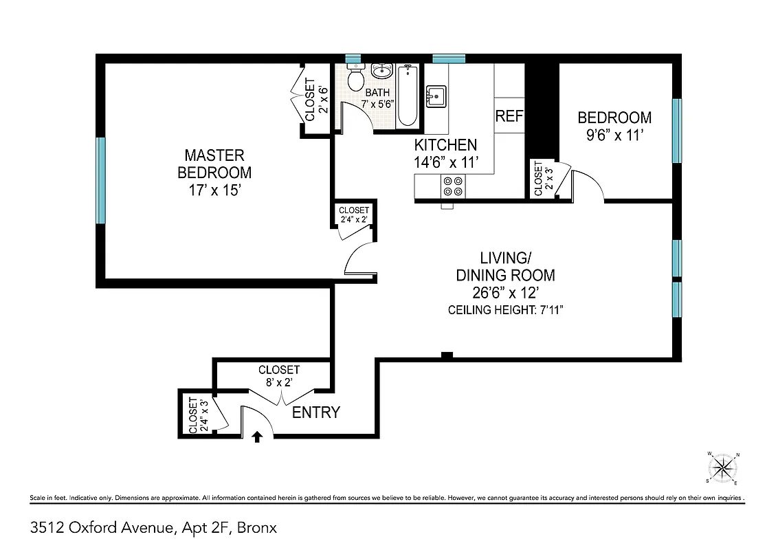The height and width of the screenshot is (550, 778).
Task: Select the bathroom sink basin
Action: pos(381,71)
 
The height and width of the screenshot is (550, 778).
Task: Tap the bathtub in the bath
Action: pos(407,96)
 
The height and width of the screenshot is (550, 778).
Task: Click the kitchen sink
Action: pos(436,96)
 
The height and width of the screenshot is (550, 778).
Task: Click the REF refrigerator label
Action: pos(509,116)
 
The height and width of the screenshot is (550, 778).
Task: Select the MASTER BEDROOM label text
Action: pos(214,164)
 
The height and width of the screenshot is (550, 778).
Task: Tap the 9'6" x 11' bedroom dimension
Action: pos(614,135)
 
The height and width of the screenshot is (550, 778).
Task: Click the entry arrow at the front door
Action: pos(258,436)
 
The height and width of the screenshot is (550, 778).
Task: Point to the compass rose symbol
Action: pos(722,469)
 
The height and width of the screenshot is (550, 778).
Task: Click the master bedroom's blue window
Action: pos(101,180)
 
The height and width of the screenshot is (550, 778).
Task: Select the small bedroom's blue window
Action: pos(676,131)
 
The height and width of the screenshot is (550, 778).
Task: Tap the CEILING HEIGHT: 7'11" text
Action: pos(506,310)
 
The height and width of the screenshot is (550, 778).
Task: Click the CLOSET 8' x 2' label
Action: pos(278,375)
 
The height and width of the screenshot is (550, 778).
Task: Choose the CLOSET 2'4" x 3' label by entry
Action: pos(198,416)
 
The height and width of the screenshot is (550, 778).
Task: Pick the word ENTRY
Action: pos(316,412)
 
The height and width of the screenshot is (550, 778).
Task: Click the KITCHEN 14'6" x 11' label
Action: pos(445,153)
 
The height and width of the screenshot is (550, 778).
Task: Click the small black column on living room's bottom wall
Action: pos(447,355)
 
